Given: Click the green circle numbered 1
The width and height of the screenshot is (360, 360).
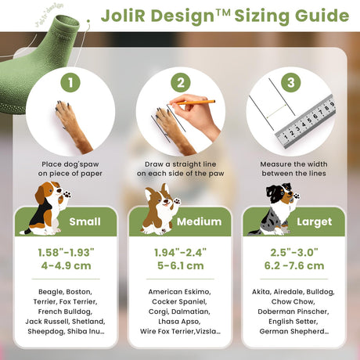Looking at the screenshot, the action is tap(70, 82).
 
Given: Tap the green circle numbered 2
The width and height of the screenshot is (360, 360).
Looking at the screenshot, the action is tap(181, 82).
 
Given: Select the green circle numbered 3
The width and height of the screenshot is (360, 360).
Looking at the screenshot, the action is tap(291, 82).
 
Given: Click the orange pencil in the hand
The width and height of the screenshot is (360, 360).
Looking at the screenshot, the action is tap(196, 102).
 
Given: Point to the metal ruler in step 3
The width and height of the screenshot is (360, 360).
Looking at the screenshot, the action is tap(305, 121).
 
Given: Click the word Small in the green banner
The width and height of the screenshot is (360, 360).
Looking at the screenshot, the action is tap(85, 221).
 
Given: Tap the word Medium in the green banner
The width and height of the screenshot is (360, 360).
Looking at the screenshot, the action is tap(200, 221).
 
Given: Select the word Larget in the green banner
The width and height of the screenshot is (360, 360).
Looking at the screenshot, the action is tap(314, 222).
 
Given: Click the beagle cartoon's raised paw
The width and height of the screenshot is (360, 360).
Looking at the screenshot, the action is tap(67, 194).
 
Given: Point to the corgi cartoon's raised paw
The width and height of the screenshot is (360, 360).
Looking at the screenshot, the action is tap(177, 201).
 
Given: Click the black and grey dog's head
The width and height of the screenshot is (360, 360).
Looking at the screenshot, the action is tap(281, 193).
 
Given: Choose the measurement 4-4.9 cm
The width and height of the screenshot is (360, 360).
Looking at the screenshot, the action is tap(66, 266).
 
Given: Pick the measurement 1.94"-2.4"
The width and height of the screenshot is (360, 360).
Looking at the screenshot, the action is tap(180, 252).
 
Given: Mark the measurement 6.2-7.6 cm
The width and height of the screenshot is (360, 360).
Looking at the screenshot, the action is tap(294, 266).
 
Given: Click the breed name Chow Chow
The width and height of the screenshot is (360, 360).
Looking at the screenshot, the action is tap(293, 301).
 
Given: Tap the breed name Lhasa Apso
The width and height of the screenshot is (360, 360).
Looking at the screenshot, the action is tap(179, 322).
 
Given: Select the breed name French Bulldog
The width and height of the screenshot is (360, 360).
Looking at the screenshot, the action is tap(65, 311).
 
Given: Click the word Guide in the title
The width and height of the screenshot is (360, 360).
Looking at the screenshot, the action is tap(322, 16).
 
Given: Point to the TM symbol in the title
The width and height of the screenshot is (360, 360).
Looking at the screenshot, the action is tap(223, 13).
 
